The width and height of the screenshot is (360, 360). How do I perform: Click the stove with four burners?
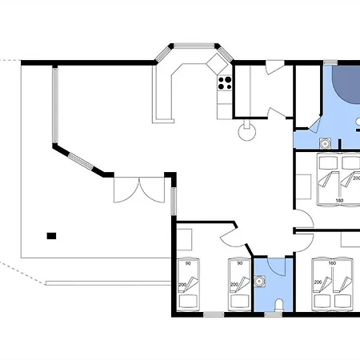point(225,83)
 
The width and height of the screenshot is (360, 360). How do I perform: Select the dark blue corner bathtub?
point(346,84)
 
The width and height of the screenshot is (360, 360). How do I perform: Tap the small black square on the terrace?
point(51,236)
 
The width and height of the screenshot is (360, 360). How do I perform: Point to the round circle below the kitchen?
point(247,132)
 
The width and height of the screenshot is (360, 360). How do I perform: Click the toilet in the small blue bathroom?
point(279,306)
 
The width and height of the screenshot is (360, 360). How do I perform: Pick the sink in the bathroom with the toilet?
point(258,281)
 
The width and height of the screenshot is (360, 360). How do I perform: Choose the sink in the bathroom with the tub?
point(326,144)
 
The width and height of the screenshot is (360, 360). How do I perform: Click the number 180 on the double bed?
point(339,200)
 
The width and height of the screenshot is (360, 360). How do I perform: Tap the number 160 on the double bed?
point(332,263)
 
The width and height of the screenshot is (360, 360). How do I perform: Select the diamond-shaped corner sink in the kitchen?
point(217,63)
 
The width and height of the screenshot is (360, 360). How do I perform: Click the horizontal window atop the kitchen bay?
point(194,46)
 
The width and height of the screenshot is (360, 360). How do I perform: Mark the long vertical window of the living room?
point(55,106)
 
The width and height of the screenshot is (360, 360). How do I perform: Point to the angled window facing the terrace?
point(81,161)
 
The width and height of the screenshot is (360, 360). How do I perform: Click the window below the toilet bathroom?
point(274,314)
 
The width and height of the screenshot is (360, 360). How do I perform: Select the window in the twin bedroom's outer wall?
point(214,314)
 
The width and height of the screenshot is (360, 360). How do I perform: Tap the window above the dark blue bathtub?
point(330,63)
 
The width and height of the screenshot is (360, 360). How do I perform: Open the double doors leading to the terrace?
point(139,190)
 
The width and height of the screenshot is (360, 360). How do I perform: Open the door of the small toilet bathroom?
point(276,266)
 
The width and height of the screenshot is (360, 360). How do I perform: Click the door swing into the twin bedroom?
point(232,238)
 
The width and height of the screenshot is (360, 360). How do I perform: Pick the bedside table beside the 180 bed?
point(304,186)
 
